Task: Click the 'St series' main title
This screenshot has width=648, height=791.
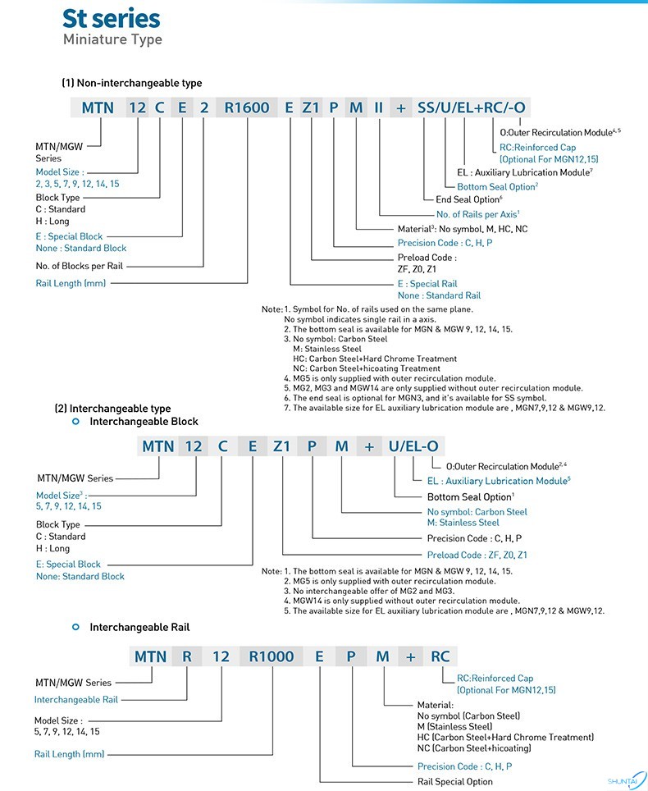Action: coord(112,19)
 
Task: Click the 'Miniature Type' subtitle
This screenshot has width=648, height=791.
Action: coord(112,39)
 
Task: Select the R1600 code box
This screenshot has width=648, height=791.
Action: coord(247,107)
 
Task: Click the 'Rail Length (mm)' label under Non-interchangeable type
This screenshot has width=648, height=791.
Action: coord(71,282)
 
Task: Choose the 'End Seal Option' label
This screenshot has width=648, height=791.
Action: coord(468,199)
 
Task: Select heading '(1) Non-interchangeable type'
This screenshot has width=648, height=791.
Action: coord(131,83)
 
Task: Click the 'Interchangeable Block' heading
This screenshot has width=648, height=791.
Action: coord(144,421)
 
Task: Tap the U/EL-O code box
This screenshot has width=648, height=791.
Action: coord(413,446)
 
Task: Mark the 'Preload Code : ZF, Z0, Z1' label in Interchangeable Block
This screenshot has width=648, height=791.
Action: coord(477,555)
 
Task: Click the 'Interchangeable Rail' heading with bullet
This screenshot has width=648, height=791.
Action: coord(139,627)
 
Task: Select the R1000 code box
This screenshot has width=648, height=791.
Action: coord(271,656)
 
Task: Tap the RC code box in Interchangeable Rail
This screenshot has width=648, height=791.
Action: coord(440,656)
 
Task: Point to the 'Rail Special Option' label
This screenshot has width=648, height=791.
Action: coord(455,781)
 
